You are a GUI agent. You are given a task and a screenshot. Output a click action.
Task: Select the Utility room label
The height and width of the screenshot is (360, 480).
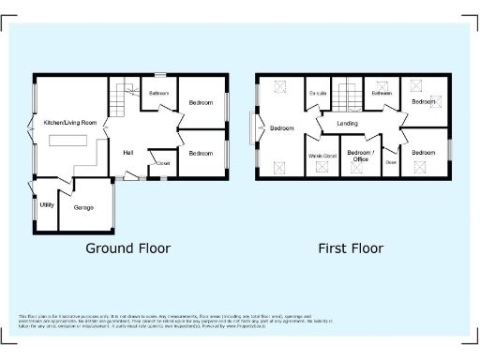point(46,204)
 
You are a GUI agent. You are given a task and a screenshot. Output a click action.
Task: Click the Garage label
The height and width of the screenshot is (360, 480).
point(83,206)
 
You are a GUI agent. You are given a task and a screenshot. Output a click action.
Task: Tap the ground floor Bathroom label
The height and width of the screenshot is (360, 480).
point(158,94)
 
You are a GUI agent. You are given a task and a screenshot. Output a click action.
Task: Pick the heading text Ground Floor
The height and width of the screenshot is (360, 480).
point(127,248)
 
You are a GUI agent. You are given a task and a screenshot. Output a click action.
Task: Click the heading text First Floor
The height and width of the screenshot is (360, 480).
point(352,248)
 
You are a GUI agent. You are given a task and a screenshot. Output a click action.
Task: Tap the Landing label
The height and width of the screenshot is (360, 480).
point(347,123)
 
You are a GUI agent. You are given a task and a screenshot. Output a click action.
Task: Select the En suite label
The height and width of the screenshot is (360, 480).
point(317,94)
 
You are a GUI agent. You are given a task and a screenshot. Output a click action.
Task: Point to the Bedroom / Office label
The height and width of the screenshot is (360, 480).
point(360,156)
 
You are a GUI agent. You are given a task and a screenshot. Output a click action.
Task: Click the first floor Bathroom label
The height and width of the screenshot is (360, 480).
point(381,93)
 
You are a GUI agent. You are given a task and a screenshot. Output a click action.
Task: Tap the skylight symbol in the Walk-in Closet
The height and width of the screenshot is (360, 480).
point(322,167)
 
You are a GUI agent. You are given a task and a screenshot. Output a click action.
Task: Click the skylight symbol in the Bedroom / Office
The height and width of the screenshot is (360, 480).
point(361,169)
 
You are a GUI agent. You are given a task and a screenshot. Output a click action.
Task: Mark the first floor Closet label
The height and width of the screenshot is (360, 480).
point(391,160)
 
